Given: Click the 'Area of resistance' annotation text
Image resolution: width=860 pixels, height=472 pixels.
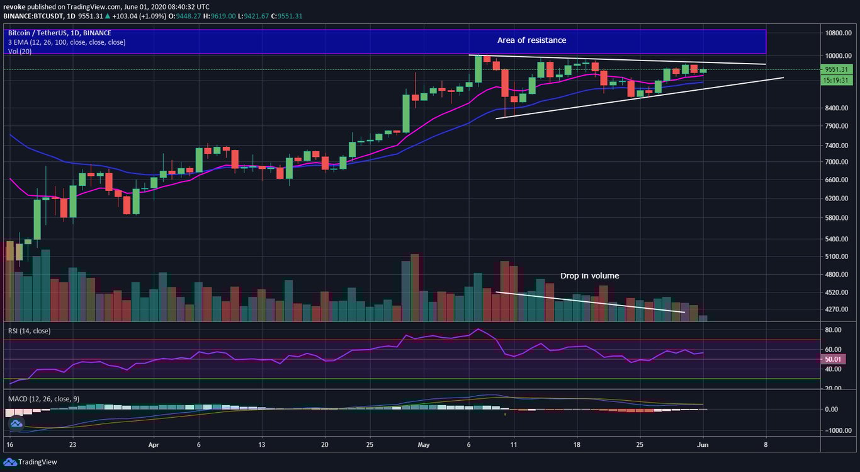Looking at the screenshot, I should coord(531,40).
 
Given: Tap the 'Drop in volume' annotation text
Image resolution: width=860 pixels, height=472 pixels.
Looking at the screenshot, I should coord(589,276).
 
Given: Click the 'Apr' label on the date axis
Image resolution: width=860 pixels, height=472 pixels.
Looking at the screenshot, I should coord(153,444).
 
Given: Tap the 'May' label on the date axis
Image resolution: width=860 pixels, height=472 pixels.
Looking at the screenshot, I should coord(424,444).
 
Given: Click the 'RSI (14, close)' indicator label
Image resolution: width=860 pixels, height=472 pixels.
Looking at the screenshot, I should coord(29,331).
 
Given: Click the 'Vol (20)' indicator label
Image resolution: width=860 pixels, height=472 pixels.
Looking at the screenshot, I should coord(21,51).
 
